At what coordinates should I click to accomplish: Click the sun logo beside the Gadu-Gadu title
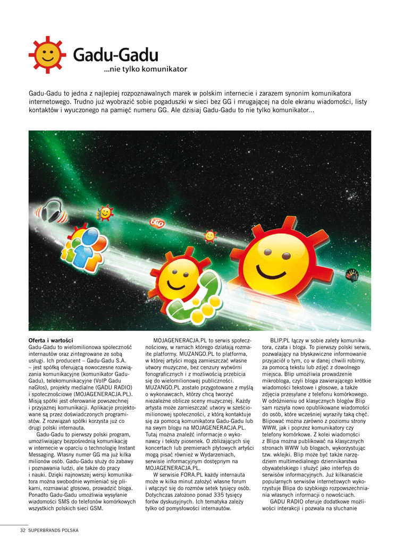47,55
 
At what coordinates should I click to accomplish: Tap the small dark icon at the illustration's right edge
352,275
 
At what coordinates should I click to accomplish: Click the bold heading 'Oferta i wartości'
51,340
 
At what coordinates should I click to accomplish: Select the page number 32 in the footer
23,530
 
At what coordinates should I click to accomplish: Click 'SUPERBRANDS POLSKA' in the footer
54,530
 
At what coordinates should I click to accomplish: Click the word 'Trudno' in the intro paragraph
82,101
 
